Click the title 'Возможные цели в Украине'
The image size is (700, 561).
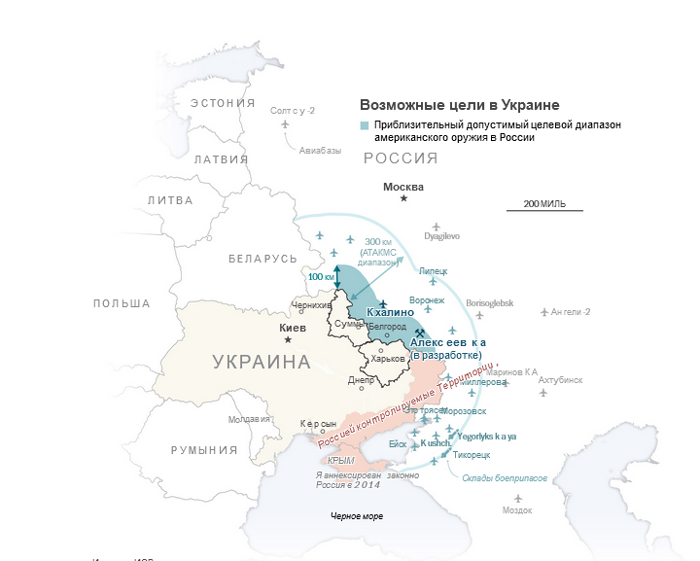click(x=460, y=105)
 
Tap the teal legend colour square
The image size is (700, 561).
click(x=365, y=125)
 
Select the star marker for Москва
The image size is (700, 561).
click(x=403, y=198)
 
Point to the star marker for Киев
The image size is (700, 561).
click(x=287, y=339)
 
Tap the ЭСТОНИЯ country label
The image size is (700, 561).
click(x=223, y=102)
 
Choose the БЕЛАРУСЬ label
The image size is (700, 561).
click(x=262, y=259)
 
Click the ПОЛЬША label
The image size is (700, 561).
click(x=122, y=303)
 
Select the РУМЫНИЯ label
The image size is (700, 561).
click(x=203, y=450)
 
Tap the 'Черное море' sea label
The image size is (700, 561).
click(x=359, y=514)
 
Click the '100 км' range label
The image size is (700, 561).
click(x=321, y=277)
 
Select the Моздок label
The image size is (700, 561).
click(x=516, y=509)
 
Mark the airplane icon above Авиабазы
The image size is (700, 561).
click(x=285, y=123)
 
